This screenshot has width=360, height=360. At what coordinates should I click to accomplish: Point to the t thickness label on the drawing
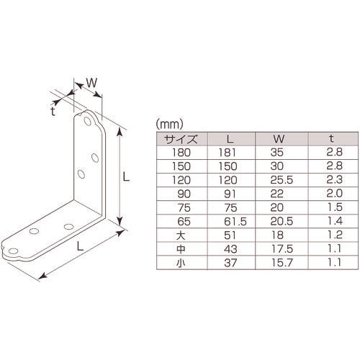(x=54, y=110)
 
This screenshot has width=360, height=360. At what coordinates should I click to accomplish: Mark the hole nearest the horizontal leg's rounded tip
(x=32, y=233)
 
